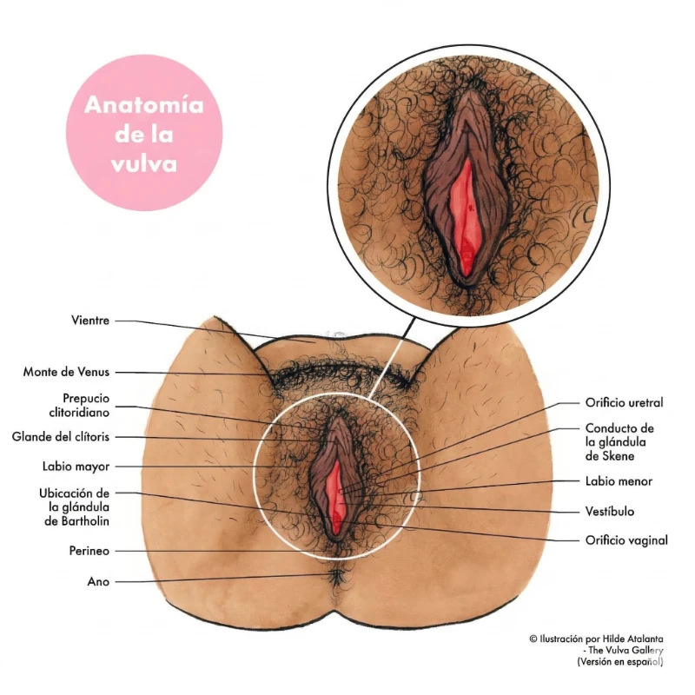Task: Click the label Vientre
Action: tap(89, 321)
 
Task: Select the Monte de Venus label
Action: tap(66, 372)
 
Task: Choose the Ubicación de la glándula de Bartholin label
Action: tap(74, 506)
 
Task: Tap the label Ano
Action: tap(98, 581)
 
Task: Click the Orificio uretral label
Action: tap(624, 403)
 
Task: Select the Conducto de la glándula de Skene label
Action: tap(619, 442)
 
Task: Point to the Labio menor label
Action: tap(619, 481)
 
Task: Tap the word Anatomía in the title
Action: tap(144, 106)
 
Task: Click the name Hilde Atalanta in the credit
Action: tap(633, 639)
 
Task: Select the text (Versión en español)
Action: tap(619, 662)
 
